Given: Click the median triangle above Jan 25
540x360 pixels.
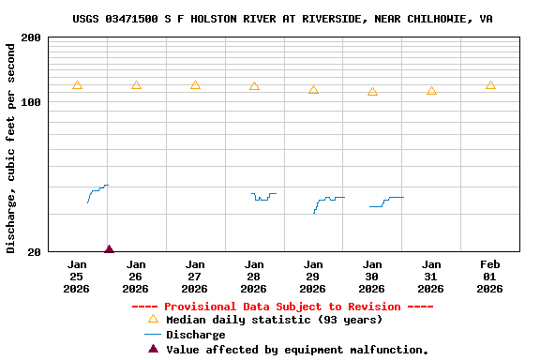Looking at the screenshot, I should click(77, 85).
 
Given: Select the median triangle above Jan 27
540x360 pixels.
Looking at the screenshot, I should click(195, 85).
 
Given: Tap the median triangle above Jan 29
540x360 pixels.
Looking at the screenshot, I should click(313, 90).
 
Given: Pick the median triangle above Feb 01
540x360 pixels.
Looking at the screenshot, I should click(490, 85).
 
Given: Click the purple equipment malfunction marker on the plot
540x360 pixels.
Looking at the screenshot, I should click(109, 249).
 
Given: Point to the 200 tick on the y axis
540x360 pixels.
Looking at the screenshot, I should click(31, 37).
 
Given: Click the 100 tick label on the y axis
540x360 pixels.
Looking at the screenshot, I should click(31, 102).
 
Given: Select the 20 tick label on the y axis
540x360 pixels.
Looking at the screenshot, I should click(34, 252).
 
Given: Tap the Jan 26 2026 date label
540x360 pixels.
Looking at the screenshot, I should click(136, 277).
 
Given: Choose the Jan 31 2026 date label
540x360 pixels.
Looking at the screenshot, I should click(431, 277).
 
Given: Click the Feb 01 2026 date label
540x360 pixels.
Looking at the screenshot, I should click(490, 277).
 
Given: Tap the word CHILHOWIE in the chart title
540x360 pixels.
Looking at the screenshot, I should click(435, 19).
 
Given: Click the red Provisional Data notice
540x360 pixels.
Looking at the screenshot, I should click(282, 307).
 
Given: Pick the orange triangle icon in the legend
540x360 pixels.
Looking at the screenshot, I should click(153, 319).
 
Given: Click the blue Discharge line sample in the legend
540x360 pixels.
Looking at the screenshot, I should click(153, 335).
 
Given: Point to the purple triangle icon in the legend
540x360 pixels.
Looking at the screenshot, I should click(153, 349).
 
